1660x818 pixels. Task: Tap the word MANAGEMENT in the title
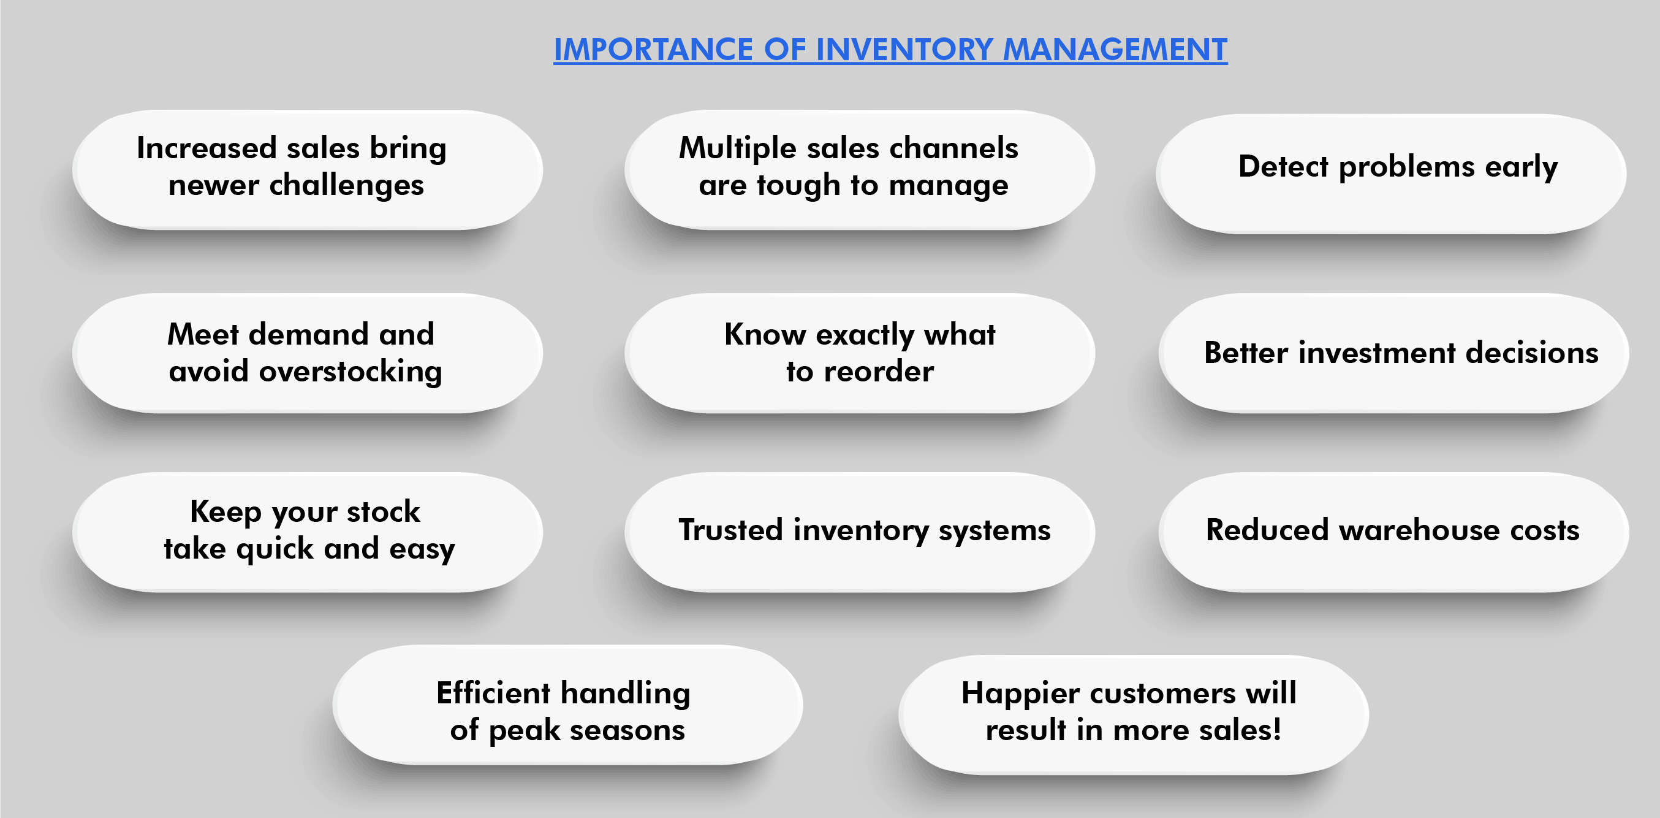pos(1115,50)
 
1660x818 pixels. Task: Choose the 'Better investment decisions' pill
pos(1393,353)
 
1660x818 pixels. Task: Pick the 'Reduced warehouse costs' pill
pos(1393,532)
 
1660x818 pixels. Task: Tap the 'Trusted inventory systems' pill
pos(860,532)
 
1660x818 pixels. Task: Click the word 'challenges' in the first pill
pos(346,186)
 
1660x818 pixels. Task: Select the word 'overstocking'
pos(351,372)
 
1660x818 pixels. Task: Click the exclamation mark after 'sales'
pos(1276,730)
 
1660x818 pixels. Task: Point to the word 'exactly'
pos(865,335)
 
